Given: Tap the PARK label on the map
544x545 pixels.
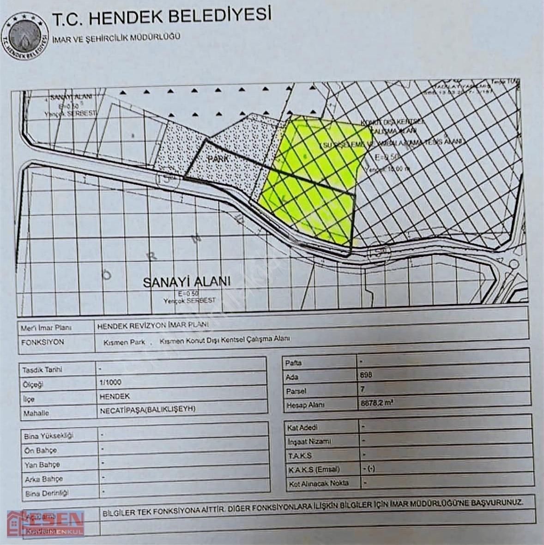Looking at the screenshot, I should click(x=219, y=158).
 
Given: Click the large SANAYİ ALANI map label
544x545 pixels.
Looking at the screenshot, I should click(x=186, y=282).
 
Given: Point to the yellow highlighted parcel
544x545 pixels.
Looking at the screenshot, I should click(x=314, y=180).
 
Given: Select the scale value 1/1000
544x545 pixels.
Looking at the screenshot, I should click(x=110, y=382).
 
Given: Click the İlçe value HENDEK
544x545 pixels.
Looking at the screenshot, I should click(x=114, y=396).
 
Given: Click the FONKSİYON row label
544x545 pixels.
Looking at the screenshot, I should click(x=42, y=342).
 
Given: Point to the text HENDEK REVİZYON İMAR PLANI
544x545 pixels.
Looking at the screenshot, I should click(x=153, y=325).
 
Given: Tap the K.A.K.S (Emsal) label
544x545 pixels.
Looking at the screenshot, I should click(x=313, y=469).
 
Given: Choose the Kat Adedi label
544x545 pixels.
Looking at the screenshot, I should click(x=302, y=428).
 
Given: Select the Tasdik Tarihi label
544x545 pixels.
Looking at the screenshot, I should click(x=42, y=369).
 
